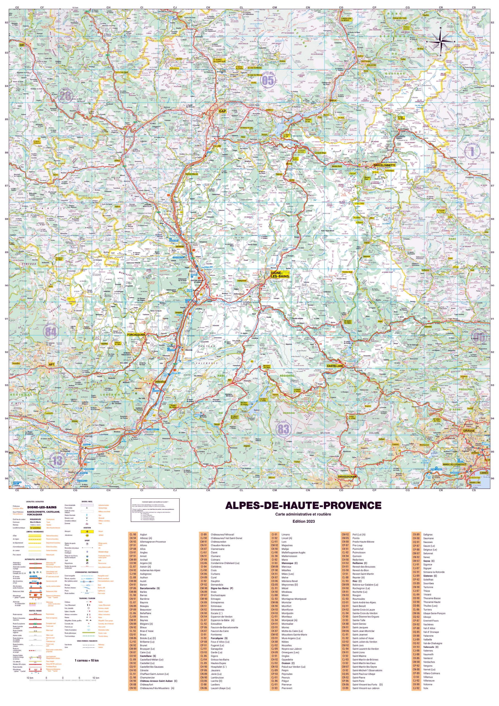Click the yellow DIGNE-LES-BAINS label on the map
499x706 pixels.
[x=280, y=275]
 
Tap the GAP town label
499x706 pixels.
[x=222, y=111]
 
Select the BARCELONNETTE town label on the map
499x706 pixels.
[x=384, y=165]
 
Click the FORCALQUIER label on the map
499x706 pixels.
[x=136, y=335]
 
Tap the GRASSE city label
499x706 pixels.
[x=469, y=431]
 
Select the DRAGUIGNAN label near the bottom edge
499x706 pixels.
[x=347, y=477]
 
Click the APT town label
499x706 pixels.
[x=52, y=364]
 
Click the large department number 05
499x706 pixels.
[x=268, y=81]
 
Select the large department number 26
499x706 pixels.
[x=65, y=96]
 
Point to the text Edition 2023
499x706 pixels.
[x=303, y=521]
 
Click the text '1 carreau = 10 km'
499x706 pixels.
[x=87, y=660]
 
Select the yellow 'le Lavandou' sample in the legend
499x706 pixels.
[x=35, y=528]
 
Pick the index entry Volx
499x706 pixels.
[x=425, y=688]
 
